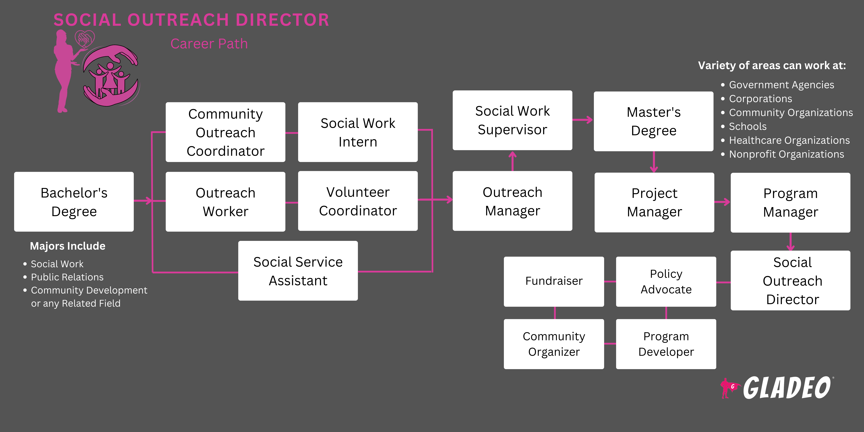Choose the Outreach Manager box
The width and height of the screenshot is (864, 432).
click(x=512, y=201)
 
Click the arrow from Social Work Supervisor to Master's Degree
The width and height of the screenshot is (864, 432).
click(x=583, y=120)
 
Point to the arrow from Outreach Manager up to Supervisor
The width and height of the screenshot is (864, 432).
click(x=512, y=161)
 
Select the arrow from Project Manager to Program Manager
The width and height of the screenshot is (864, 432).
click(x=722, y=202)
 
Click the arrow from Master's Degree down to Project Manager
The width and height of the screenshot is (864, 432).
click(x=654, y=162)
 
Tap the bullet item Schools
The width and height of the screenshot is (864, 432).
click(x=748, y=126)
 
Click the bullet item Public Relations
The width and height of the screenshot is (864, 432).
click(x=67, y=277)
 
